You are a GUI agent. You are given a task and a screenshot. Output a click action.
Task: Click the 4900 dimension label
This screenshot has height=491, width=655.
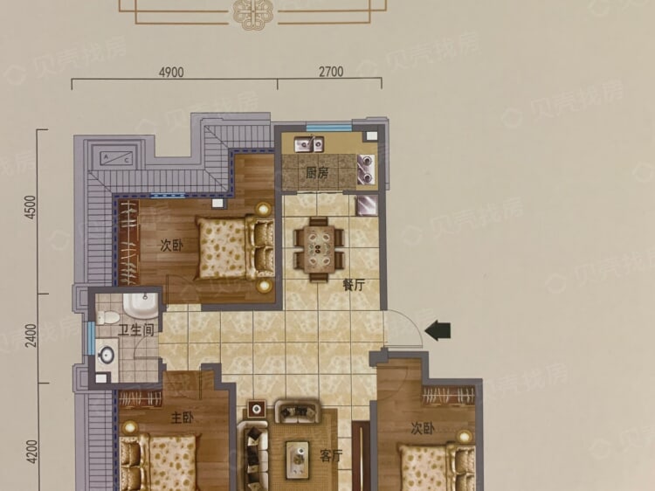pyautogui.click(x=171, y=73)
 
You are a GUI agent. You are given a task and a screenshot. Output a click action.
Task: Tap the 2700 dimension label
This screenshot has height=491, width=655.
pyautogui.click(x=331, y=72)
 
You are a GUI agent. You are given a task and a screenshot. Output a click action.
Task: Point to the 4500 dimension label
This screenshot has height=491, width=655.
pyautogui.click(x=31, y=207)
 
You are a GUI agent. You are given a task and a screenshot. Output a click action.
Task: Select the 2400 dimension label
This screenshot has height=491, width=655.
pyautogui.click(x=31, y=335)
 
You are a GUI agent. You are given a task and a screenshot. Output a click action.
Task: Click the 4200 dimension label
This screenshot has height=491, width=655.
pyautogui.click(x=31, y=452)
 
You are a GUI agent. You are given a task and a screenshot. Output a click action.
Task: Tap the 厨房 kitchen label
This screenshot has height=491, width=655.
pyautogui.click(x=317, y=173)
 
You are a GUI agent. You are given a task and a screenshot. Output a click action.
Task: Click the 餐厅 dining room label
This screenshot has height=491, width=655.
pyautogui.click(x=354, y=285)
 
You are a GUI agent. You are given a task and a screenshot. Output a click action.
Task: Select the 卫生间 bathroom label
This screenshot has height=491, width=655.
pyautogui.click(x=135, y=330)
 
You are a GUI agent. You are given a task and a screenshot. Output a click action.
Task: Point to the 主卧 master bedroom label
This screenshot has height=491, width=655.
pyautogui.click(x=183, y=418)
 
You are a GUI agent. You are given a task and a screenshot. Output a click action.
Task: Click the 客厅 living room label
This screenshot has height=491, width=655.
pyautogui.click(x=331, y=456)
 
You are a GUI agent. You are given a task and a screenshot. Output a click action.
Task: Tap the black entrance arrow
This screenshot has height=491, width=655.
pyautogui.click(x=438, y=331)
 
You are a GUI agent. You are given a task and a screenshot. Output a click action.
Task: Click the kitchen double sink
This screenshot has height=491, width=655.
pyautogui.click(x=308, y=144)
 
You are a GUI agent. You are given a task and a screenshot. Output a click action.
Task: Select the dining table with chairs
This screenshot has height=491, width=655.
pyautogui.click(x=318, y=250)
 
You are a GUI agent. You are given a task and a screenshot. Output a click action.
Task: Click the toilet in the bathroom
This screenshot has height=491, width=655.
pyautogui.click(x=107, y=317)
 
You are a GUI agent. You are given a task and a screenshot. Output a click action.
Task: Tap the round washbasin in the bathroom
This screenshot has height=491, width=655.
pyautogui.click(x=106, y=355)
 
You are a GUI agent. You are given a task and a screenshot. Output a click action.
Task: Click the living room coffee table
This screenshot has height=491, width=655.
pyautogui.click(x=298, y=460)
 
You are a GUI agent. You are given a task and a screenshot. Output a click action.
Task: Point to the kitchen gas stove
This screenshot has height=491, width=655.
pyautogui.click(x=366, y=169)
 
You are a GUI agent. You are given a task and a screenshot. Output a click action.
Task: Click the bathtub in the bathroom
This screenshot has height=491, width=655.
pyautogui.click(x=141, y=306)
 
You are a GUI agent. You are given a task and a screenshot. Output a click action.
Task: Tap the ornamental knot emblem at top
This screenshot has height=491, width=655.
pyautogui.click(x=252, y=13)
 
